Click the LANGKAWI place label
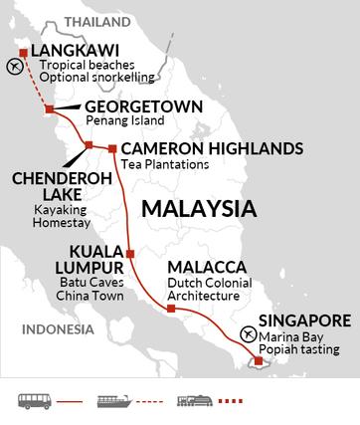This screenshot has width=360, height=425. (x=74, y=51)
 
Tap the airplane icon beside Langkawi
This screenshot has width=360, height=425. (x=13, y=66)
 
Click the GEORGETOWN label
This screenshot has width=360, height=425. (x=130, y=106)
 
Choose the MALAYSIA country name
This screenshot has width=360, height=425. (x=199, y=210)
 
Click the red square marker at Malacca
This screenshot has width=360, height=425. (x=171, y=309)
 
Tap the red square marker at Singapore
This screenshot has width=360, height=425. (x=258, y=361)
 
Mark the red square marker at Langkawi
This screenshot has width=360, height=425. (x=24, y=51)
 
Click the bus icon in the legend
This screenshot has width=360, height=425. (x=32, y=402)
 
